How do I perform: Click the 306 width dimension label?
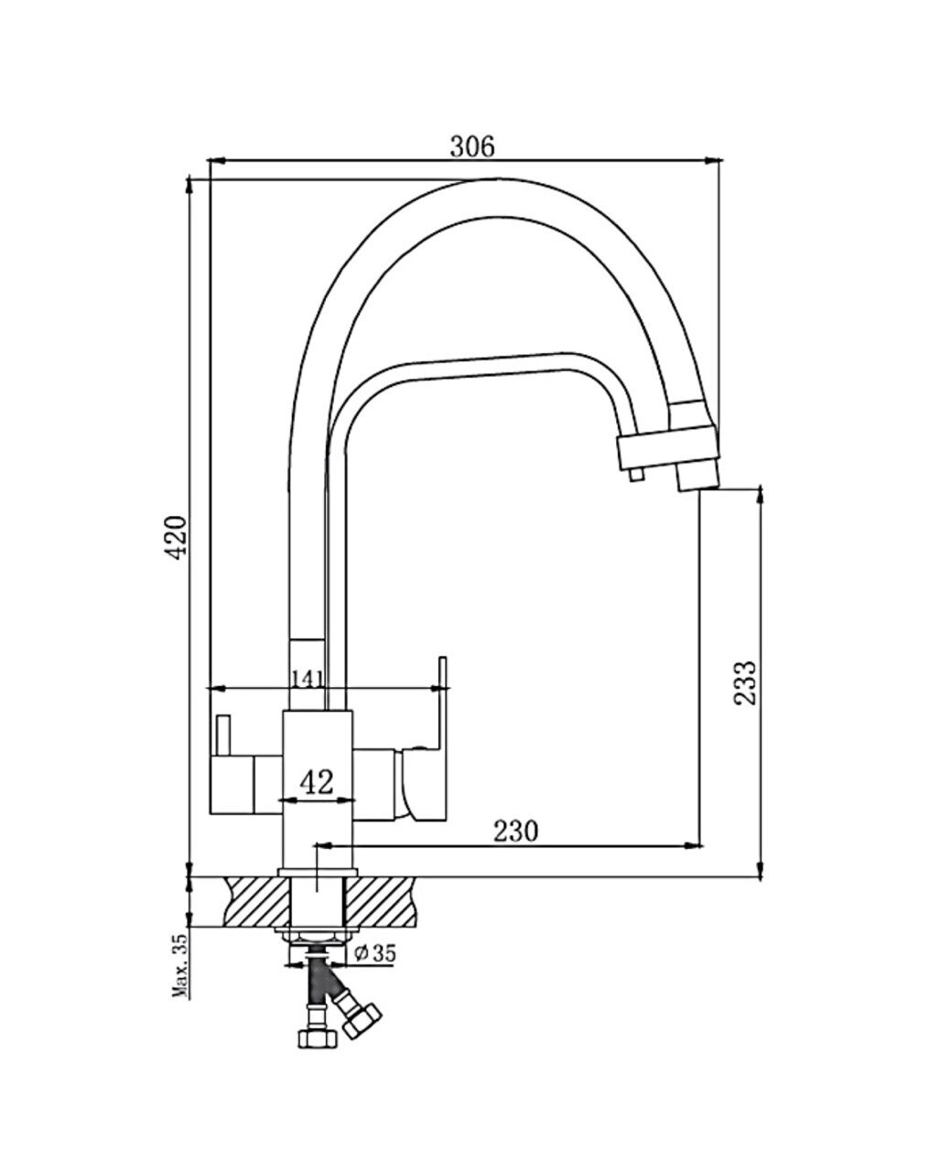[472, 146]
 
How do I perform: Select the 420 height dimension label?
[178, 537]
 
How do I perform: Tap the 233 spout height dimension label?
[746, 682]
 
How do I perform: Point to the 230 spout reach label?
[515, 831]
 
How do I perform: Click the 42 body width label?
[318, 782]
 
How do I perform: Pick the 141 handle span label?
[307, 679]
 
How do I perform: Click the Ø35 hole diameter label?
[375, 952]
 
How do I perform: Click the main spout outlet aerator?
[698, 476]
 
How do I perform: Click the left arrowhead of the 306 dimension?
[217, 161]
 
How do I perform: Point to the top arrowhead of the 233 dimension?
[761, 496]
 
